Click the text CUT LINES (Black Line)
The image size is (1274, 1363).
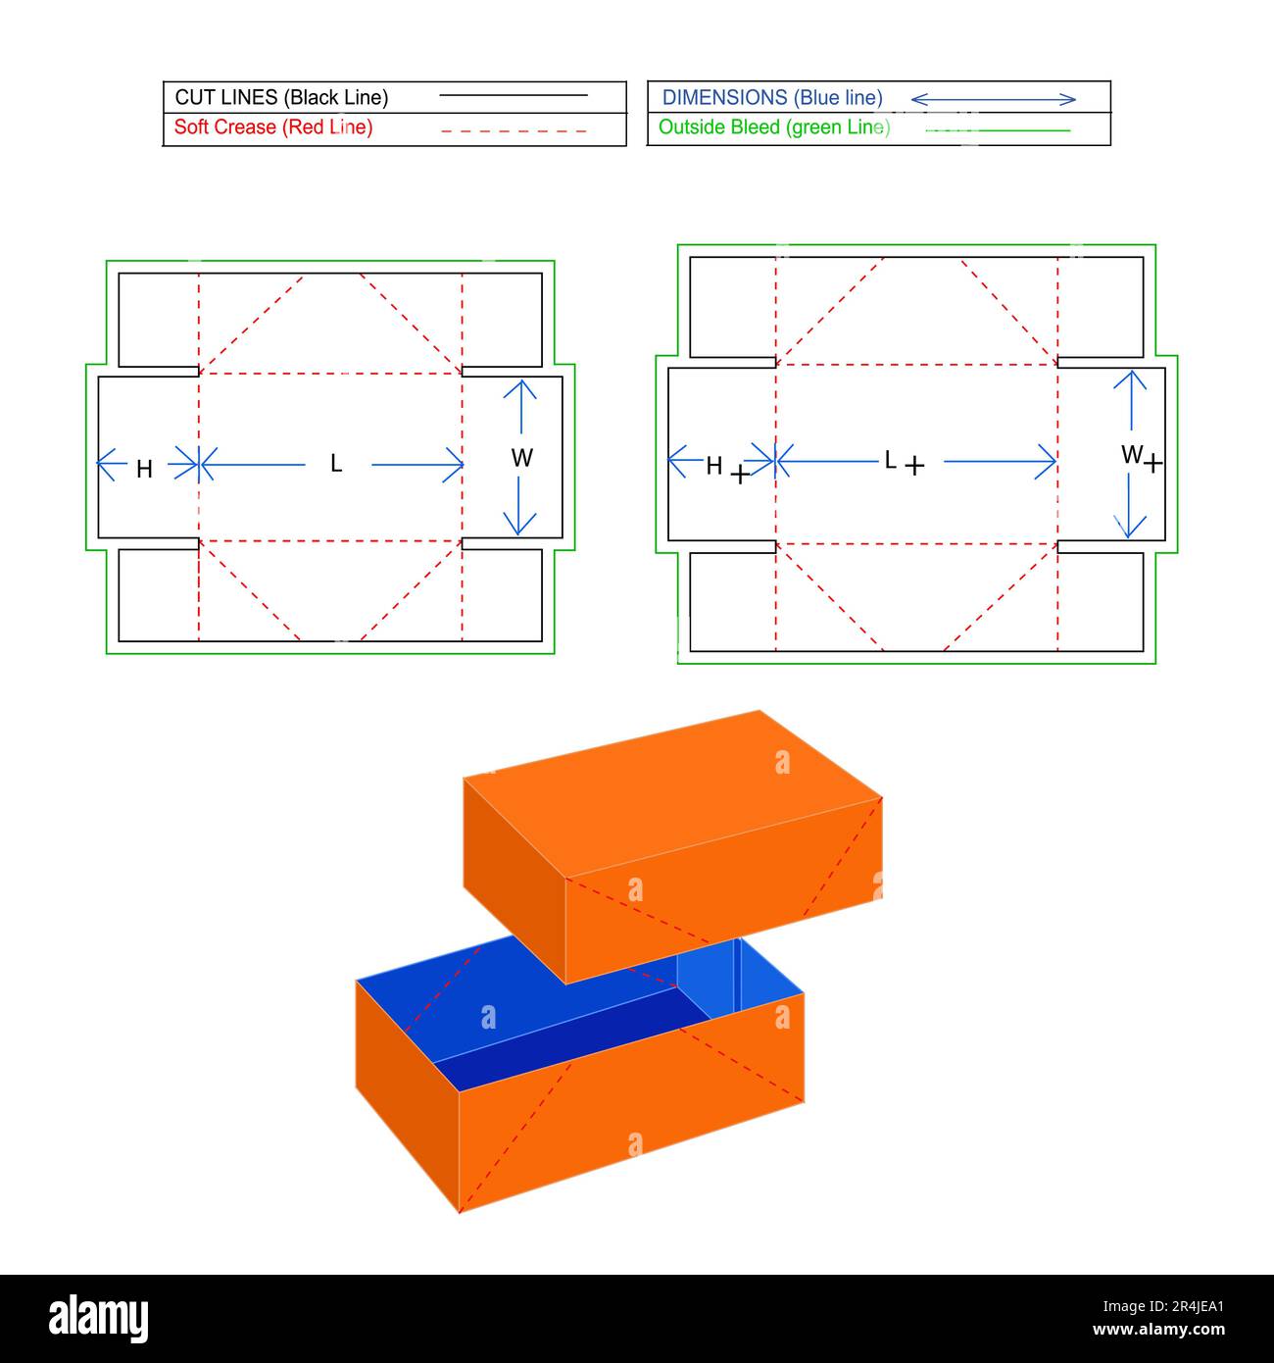(x=281, y=97)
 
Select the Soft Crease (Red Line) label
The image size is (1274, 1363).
(x=273, y=127)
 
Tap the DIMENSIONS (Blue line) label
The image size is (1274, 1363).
(x=772, y=98)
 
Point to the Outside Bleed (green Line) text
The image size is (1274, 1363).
(x=774, y=127)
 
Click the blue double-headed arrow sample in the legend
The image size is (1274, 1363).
(x=993, y=99)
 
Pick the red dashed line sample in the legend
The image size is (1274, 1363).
(x=514, y=130)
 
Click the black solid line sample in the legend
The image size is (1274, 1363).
(x=514, y=96)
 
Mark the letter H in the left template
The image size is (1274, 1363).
(x=144, y=470)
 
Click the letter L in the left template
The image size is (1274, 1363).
(x=336, y=464)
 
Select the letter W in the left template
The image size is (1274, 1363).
(x=521, y=458)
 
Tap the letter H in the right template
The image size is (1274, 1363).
(x=713, y=466)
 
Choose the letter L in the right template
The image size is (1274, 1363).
(x=890, y=460)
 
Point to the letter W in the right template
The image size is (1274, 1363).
(x=1131, y=454)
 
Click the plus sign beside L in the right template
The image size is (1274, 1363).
(x=914, y=466)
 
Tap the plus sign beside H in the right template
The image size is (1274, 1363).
(x=740, y=476)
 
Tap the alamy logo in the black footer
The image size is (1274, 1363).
(x=99, y=1318)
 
